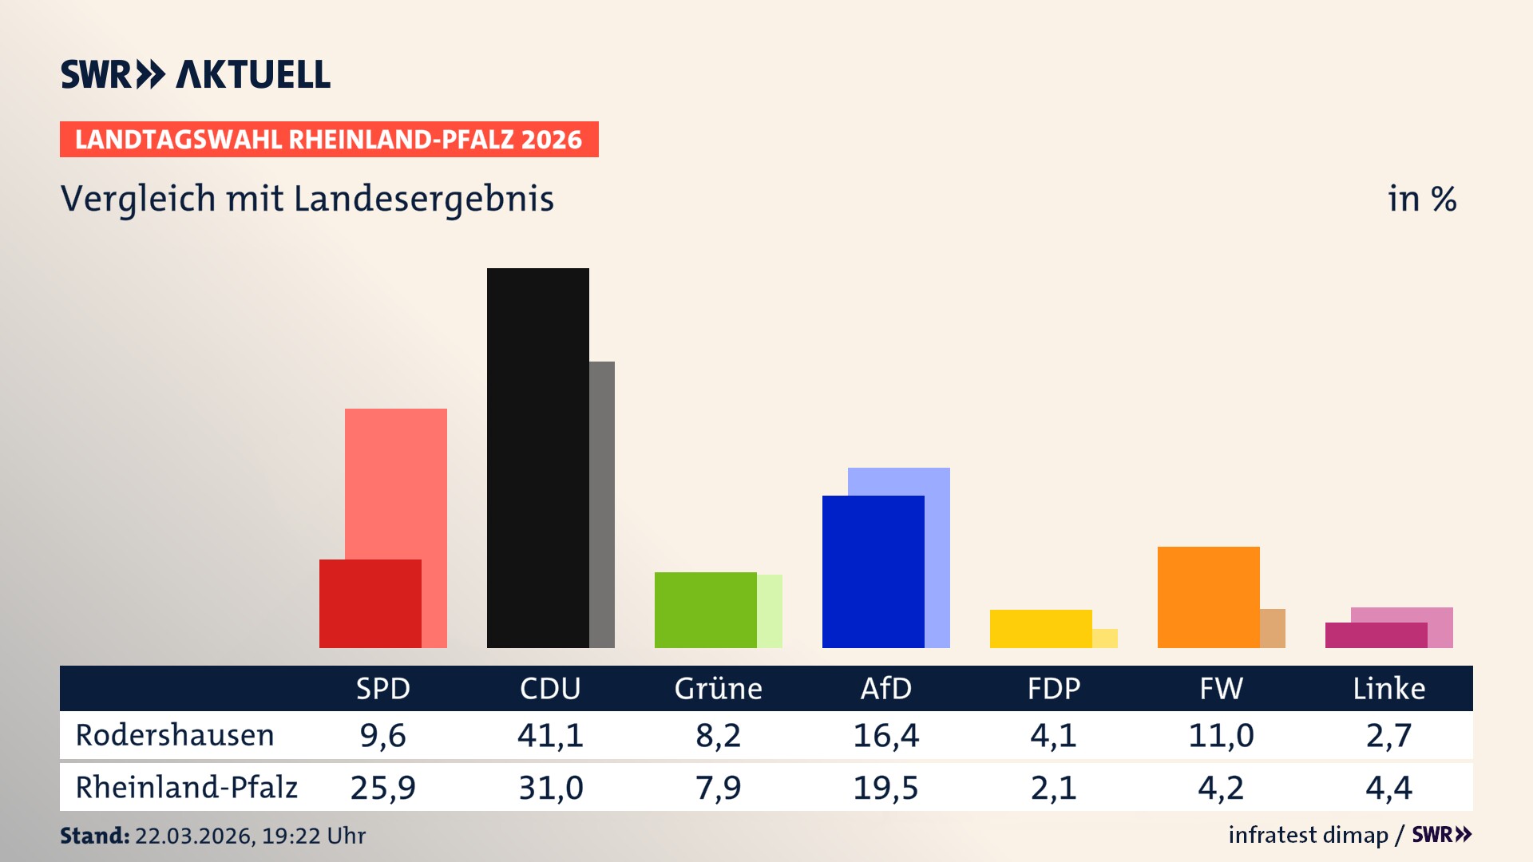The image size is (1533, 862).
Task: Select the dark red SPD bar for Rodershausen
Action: point(370,603)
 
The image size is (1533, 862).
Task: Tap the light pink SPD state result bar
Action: point(396,479)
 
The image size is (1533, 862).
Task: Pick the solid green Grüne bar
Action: point(705,610)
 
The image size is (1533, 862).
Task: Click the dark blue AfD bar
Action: point(873,571)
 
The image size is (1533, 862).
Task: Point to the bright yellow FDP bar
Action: point(1040,629)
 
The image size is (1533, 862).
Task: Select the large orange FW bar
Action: point(1208,597)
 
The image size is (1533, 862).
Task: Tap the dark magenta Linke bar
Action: point(1376,635)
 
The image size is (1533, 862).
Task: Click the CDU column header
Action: point(550,689)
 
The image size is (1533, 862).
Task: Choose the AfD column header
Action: point(885,689)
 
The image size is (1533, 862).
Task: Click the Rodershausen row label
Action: point(175,735)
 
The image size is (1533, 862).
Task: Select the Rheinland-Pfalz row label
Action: point(186,788)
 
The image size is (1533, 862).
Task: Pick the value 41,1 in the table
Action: point(550,735)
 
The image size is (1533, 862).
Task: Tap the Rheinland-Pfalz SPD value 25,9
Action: point(382,788)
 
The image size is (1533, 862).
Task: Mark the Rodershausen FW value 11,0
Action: point(1221,735)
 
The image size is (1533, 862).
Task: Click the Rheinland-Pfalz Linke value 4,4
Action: point(1388,788)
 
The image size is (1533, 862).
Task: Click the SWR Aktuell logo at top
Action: point(196,74)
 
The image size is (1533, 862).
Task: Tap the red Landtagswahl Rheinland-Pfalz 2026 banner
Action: point(329,140)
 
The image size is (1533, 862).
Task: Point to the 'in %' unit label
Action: point(1421,199)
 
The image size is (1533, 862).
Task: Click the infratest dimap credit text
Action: point(1308,835)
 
